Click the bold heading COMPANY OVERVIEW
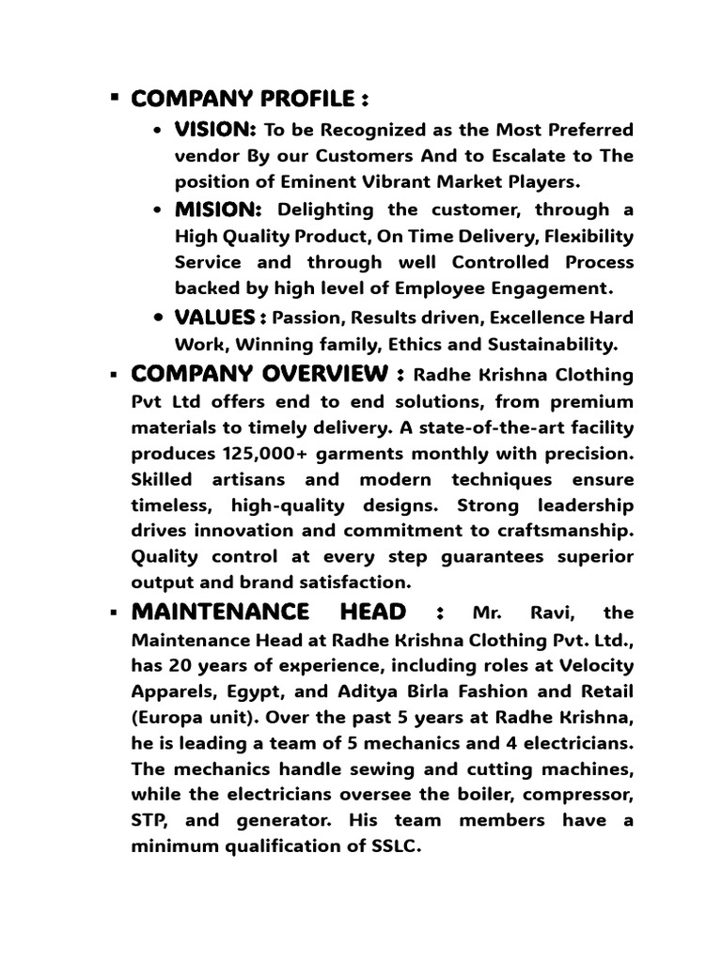(260, 375)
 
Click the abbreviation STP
(150, 820)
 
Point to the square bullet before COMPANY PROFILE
(114, 97)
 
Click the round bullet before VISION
(158, 130)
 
